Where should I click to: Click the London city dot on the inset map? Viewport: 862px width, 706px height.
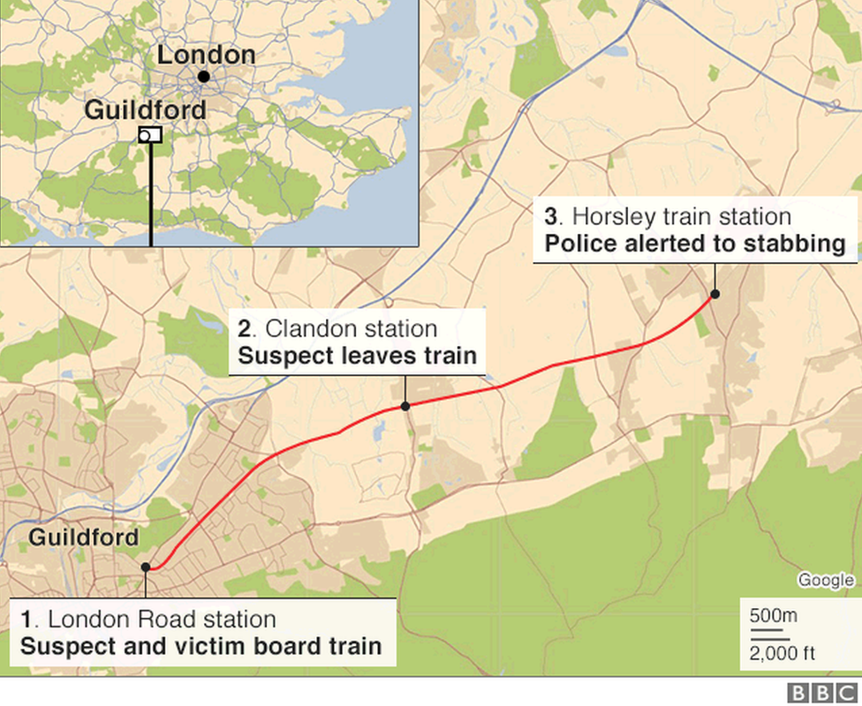coord(204,77)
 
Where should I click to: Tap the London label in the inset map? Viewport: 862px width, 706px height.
coord(206,55)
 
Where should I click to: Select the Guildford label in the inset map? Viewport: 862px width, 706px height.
coord(146,110)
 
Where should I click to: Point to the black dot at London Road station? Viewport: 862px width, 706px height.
coord(146,567)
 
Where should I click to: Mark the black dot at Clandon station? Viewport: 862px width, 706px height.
coord(405,406)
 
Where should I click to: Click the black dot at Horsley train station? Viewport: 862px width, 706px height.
coord(715,294)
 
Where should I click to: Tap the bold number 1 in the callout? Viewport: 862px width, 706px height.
coord(26,620)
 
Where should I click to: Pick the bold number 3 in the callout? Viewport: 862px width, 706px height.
coord(551,217)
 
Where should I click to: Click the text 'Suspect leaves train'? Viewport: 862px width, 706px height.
coord(357,357)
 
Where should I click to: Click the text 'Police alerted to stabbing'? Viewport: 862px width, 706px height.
coord(695,244)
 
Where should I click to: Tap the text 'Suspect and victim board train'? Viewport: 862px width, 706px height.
coord(200,646)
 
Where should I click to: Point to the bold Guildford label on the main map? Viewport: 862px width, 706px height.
coord(84,537)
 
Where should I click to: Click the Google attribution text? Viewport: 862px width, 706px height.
coord(826,580)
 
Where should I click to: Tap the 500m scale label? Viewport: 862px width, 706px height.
coord(774,616)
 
